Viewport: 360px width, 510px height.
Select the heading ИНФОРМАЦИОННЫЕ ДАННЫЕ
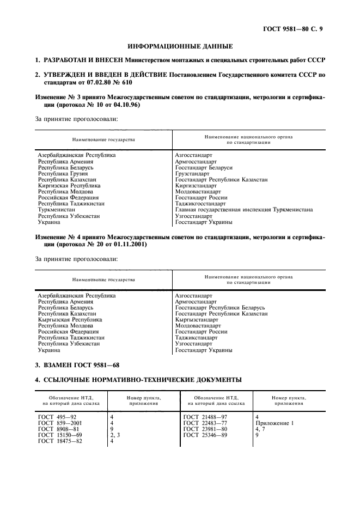coord(180,46)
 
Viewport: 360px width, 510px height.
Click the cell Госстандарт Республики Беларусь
coord(220,308)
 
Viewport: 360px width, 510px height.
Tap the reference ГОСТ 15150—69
coord(60,435)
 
